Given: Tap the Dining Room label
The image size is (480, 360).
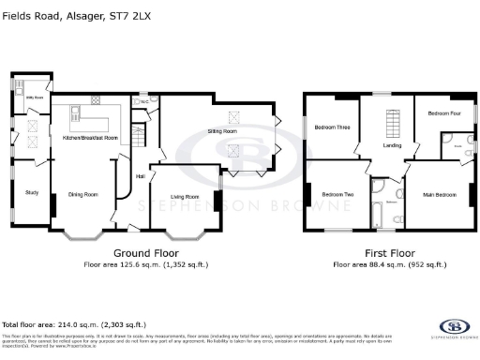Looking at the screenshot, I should tap(83, 195).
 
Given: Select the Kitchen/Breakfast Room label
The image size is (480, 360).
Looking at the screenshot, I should tap(89, 138).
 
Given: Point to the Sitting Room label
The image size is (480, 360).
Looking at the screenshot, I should tap(221, 132).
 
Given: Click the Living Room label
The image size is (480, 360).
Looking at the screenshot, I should tap(184, 197).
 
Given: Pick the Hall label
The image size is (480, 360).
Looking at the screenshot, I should tap(140, 176).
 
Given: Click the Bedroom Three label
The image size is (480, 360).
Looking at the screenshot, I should tap(332, 127).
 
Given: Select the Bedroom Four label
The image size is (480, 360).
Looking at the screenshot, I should tap(444, 113).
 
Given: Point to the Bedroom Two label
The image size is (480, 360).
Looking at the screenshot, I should tap(337, 195).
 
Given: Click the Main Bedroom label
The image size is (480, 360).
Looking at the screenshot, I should tap(441, 195).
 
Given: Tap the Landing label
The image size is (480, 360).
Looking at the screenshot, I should tap(393, 145).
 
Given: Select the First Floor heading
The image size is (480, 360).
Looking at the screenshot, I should tap(390, 253).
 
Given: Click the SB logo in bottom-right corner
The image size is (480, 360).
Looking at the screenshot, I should tap(454, 329).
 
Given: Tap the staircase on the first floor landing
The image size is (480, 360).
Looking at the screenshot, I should tap(393, 121).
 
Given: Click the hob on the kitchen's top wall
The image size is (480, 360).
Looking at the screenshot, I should tap(96, 98).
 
